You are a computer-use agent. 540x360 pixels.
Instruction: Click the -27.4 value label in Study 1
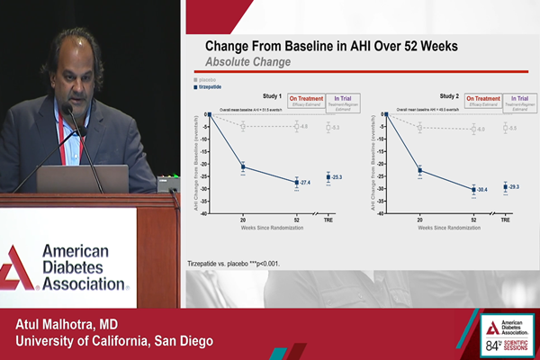pos(305,183)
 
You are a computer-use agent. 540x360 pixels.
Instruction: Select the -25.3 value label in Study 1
pos(336,177)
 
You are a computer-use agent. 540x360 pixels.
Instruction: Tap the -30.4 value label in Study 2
pos(482,189)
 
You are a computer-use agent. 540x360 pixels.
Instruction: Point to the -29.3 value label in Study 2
pos(514,186)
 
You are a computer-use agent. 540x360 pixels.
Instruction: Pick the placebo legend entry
pos(209,79)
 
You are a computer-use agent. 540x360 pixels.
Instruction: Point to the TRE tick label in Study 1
pos(328,220)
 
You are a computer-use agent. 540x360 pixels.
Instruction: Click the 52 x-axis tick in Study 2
pos(473,220)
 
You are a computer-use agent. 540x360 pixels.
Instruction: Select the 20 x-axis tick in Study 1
pos(243,220)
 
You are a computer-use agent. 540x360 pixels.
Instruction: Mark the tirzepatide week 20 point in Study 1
pos(243,166)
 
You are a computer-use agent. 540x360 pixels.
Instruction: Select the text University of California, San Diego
pos(108,341)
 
